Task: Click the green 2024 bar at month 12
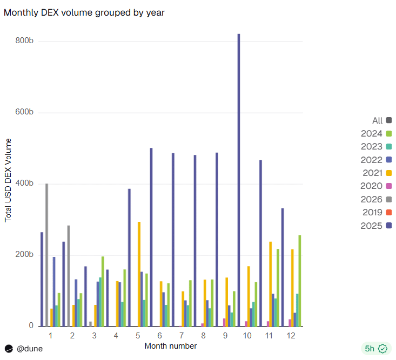300,281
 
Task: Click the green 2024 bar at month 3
103,291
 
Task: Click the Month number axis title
171,346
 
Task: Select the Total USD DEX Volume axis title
8,180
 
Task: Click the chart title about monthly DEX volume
84,12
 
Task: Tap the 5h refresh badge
376,349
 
